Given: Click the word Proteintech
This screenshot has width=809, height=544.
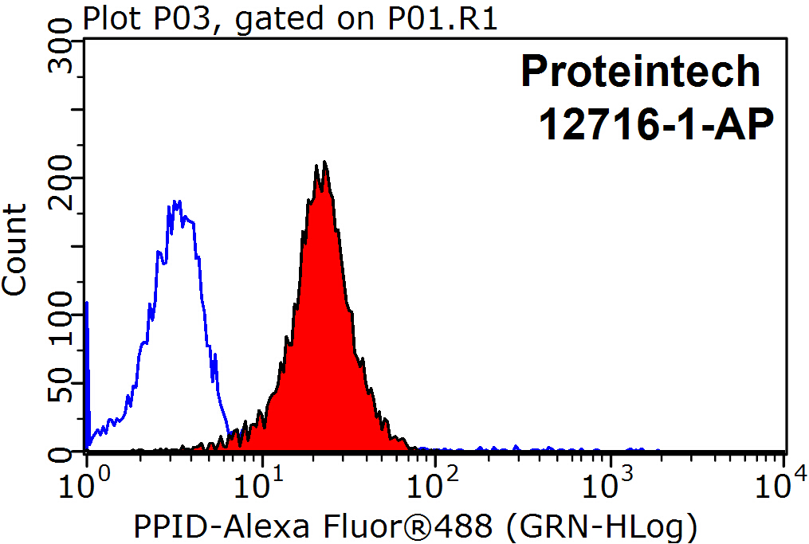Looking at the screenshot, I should pos(641,72).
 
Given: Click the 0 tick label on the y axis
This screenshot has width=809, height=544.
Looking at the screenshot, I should pos(61,454).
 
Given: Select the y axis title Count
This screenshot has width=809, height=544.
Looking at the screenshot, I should pos(14,249).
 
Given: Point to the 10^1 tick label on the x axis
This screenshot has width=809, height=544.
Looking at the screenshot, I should pos(260,483).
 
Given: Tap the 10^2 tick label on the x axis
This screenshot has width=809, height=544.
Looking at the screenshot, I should pos(434,483).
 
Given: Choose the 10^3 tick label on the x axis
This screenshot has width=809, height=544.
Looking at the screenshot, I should pos(609,483).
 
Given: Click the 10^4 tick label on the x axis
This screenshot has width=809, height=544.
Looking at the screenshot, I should pos(783,483).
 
